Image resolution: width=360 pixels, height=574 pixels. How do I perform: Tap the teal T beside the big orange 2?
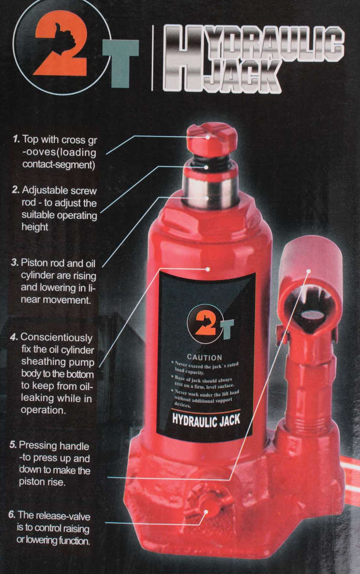tap(120, 62)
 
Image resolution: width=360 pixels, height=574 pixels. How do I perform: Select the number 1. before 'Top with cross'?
tap(16, 140)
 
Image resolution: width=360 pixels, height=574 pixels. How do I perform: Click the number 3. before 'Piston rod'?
tap(15, 263)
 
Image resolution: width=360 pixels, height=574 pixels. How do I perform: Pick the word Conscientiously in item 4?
tap(57, 337)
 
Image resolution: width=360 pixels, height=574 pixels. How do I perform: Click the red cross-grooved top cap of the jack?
tap(211, 139)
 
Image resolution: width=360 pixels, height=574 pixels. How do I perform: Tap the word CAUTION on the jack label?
tap(204, 357)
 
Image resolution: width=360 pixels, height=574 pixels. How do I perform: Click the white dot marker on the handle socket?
tap(309, 271)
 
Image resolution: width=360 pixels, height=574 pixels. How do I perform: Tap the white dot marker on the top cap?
tap(208, 136)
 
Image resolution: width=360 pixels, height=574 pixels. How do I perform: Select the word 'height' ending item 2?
tap(35, 227)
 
